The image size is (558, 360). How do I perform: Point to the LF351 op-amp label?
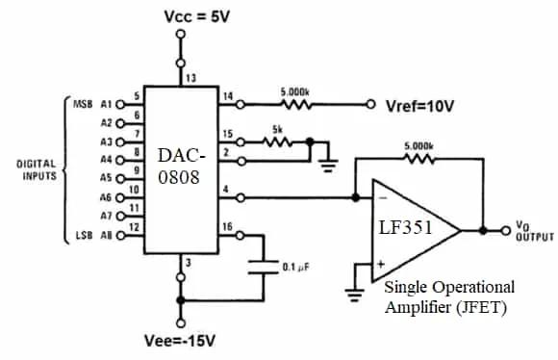click(x=405, y=230)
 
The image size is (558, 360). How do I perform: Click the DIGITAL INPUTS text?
click(x=36, y=169)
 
